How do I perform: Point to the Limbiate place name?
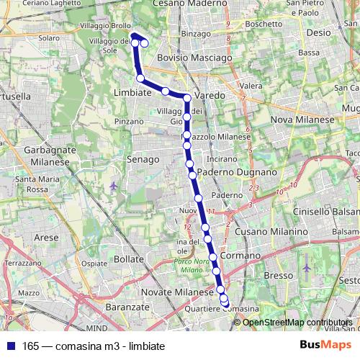point(132,92)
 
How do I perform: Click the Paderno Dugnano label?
point(236,173)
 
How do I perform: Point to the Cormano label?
point(240,256)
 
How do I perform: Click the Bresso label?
point(279,276)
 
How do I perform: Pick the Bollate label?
point(130,258)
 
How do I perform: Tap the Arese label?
point(46,236)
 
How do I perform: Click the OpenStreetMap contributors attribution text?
point(297,323)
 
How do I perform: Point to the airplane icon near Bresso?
point(308,268)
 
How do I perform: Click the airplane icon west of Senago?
point(113,186)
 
